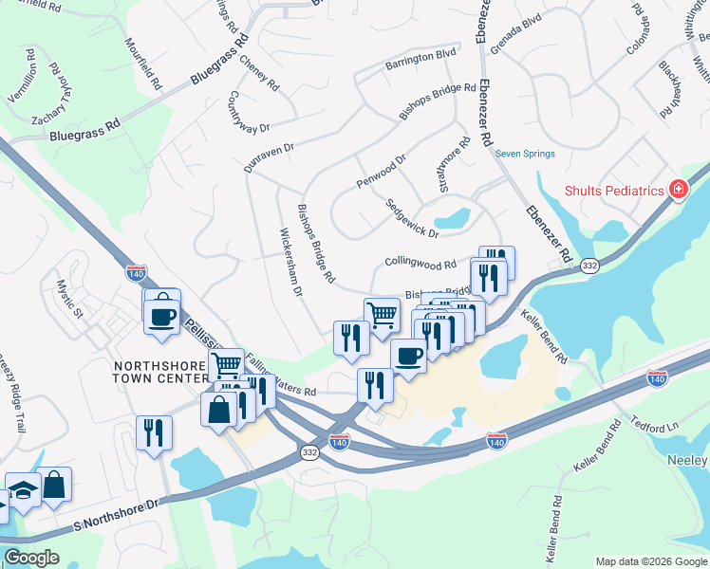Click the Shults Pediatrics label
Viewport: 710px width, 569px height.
click(613, 191)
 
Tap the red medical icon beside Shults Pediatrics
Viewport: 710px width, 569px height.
click(678, 190)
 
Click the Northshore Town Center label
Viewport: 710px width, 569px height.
click(160, 372)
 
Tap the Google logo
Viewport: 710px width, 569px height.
click(31, 558)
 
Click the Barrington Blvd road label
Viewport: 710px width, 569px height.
click(420, 65)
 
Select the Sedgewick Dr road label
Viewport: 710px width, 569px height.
click(412, 218)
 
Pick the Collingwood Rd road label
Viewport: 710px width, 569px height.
click(421, 263)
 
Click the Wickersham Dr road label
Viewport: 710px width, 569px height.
click(290, 262)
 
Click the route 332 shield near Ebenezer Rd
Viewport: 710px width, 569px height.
click(589, 266)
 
